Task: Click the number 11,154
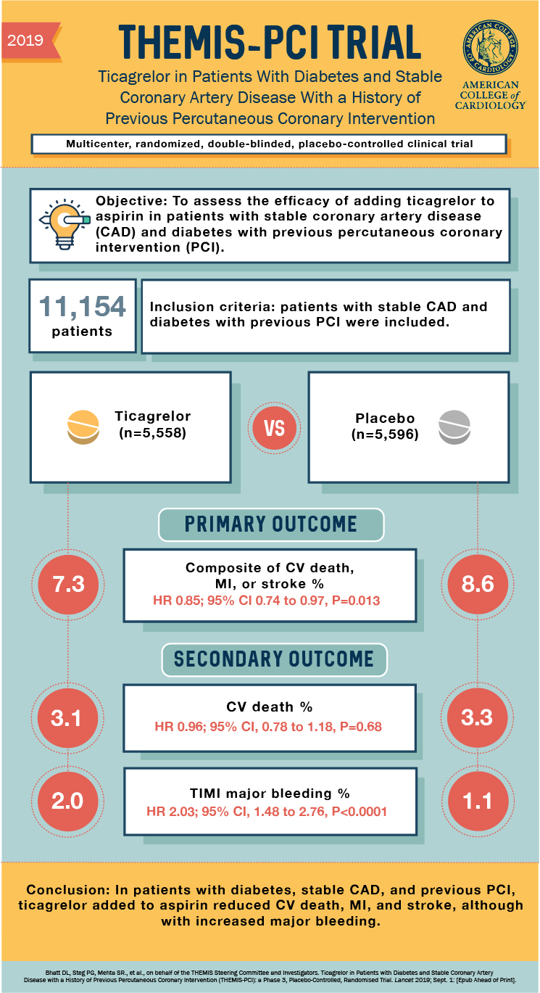point(81,307)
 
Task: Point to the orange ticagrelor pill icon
point(82,427)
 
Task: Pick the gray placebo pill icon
point(454,427)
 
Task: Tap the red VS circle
point(274,428)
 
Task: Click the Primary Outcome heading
point(270,524)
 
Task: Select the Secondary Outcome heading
point(273,659)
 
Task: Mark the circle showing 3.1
point(67,719)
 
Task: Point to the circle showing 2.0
point(67,801)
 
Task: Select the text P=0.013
point(354,601)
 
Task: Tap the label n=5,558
point(153,434)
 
